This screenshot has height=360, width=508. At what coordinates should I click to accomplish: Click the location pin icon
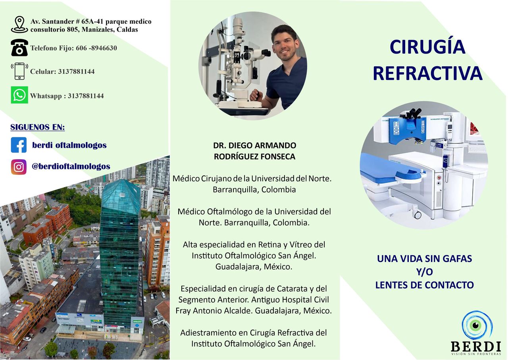(19, 25)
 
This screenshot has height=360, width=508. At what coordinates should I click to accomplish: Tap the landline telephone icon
(19, 48)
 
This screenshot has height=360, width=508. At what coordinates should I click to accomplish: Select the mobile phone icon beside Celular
(19, 71)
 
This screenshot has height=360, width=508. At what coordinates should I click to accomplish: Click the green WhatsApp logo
(19, 95)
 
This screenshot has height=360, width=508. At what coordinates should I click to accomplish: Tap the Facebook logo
(19, 145)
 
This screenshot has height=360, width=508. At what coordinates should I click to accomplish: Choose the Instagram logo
(19, 167)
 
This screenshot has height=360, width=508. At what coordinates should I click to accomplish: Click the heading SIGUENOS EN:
(38, 127)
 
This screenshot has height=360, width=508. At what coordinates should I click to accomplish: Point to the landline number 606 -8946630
(96, 48)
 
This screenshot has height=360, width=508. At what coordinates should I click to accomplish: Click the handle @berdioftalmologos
(71, 166)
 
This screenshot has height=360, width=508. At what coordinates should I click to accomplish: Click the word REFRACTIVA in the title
(427, 73)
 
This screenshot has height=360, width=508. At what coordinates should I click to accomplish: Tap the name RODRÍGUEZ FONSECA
(254, 156)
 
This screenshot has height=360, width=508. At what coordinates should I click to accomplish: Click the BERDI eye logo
(477, 325)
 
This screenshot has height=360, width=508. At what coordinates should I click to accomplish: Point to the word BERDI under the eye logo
(476, 347)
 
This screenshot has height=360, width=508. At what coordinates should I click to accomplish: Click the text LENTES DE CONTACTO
(424, 285)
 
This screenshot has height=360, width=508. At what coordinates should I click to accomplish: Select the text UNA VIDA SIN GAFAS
(424, 259)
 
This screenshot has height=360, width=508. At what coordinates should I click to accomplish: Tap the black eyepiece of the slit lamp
(266, 53)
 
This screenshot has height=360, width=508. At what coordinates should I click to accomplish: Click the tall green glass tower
(120, 254)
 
